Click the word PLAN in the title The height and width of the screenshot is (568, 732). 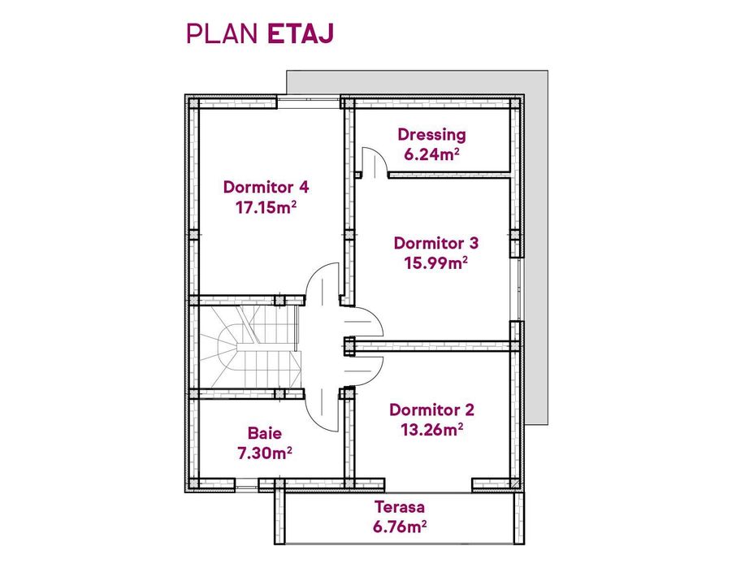(223, 33)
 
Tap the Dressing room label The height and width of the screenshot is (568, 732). (431, 135)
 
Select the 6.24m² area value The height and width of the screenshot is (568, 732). (431, 154)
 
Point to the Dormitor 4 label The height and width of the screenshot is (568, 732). (266, 187)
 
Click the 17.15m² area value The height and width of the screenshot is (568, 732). (266, 207)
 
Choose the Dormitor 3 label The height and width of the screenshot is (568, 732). (436, 242)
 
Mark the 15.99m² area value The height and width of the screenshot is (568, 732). (436, 262)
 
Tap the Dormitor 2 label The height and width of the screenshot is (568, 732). (431, 410)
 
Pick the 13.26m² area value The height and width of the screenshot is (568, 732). (431, 430)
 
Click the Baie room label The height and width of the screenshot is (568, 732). (265, 433)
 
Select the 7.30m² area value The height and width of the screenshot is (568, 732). (265, 453)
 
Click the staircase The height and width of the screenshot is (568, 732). (248, 347)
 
